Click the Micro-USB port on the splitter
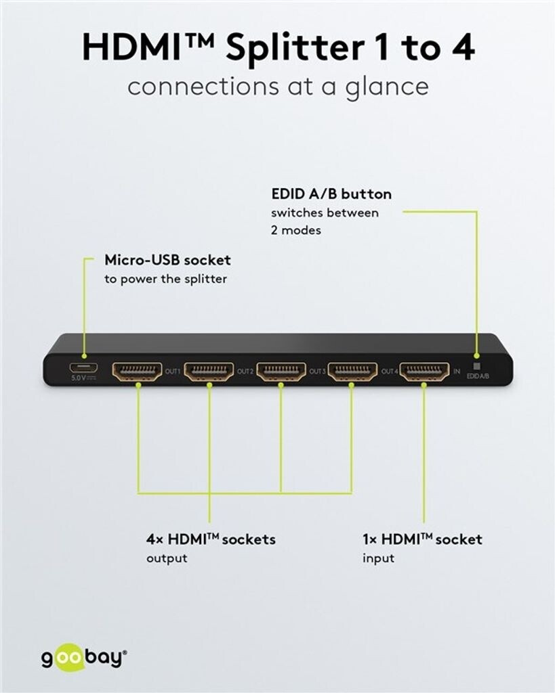click(x=83, y=367)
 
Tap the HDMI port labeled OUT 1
click(x=137, y=371)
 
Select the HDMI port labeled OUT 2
click(x=209, y=371)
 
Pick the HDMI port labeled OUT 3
click(x=281, y=371)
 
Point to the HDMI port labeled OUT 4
click(x=352, y=371)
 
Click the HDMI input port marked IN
click(x=424, y=371)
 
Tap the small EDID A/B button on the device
click(x=476, y=365)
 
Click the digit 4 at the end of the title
click(x=464, y=47)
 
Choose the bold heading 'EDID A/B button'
click(x=331, y=194)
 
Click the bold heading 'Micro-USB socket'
click(x=167, y=260)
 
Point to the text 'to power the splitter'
click(x=165, y=279)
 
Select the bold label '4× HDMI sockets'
click(x=211, y=539)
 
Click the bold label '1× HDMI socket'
click(x=422, y=539)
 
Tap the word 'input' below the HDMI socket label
click(x=378, y=558)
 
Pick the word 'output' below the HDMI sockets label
click(x=167, y=558)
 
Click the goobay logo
click(x=83, y=658)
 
